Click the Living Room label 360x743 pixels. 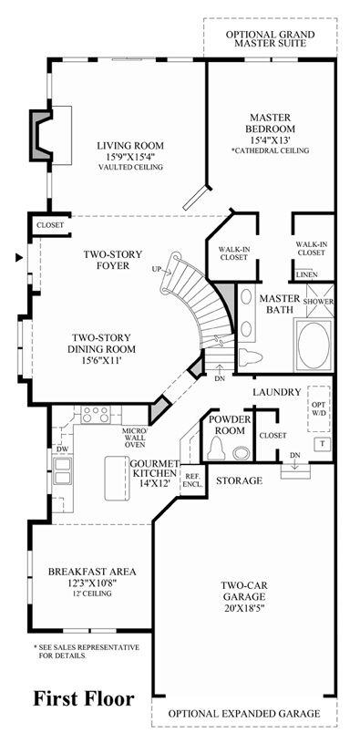click(129, 146)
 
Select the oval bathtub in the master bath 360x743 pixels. click(314, 345)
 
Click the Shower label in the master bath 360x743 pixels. click(319, 302)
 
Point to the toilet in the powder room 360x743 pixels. click(218, 448)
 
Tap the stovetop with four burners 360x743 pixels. click(95, 415)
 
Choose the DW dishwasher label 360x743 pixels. click(61, 448)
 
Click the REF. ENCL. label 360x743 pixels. click(193, 480)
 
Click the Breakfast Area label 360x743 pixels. click(92, 572)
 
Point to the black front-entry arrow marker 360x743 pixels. click(19, 258)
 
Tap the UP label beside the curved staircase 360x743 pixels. click(157, 270)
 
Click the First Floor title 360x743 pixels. click(83, 699)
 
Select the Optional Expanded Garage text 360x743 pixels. click(244, 713)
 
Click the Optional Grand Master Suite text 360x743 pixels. click(271, 39)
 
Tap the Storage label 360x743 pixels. click(239, 481)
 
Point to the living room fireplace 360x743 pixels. click(41, 135)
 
